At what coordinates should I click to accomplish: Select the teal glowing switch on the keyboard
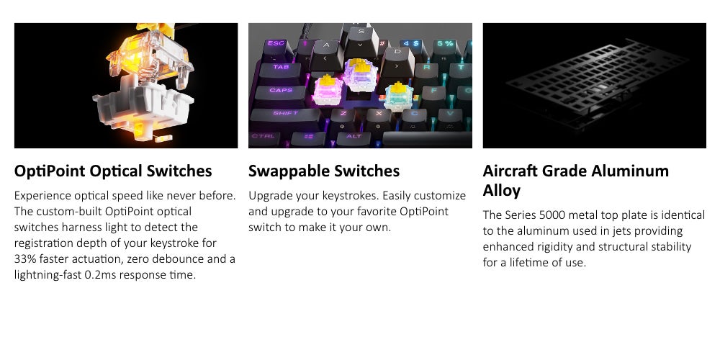(398, 96)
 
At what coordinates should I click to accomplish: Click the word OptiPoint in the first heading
(50, 171)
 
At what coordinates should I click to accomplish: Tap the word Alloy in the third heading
(501, 191)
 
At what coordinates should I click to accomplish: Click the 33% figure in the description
(24, 259)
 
